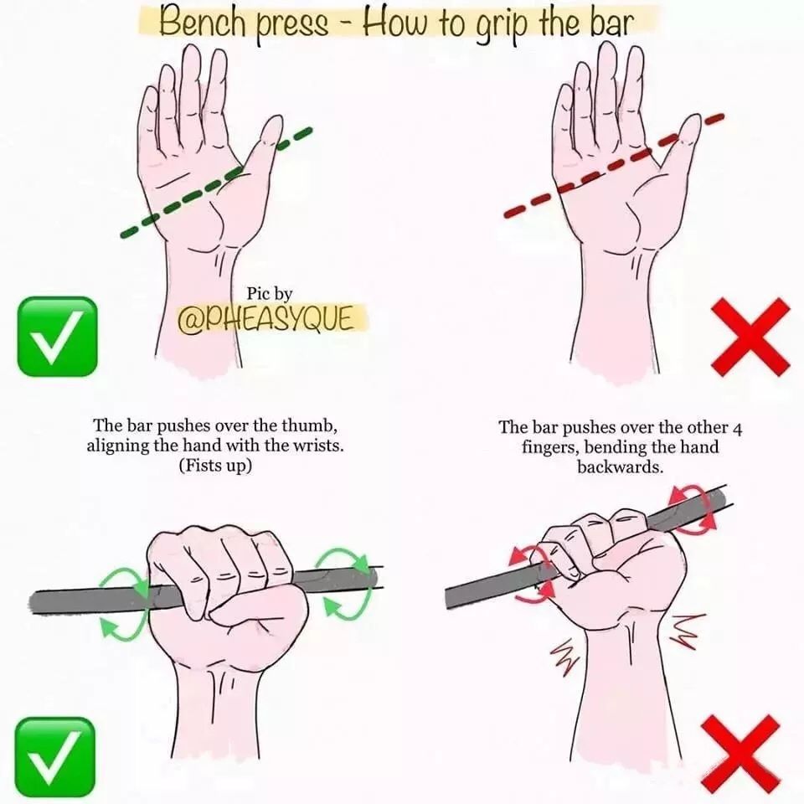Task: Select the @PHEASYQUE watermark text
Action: tap(265, 319)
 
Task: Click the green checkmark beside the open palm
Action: tap(57, 337)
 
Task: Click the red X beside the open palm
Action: tap(750, 338)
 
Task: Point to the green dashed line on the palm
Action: tap(216, 183)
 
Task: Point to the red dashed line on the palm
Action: tap(613, 167)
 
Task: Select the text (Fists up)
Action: tap(215, 466)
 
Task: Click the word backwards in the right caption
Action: tap(621, 467)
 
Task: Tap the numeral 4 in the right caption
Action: tap(737, 429)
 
